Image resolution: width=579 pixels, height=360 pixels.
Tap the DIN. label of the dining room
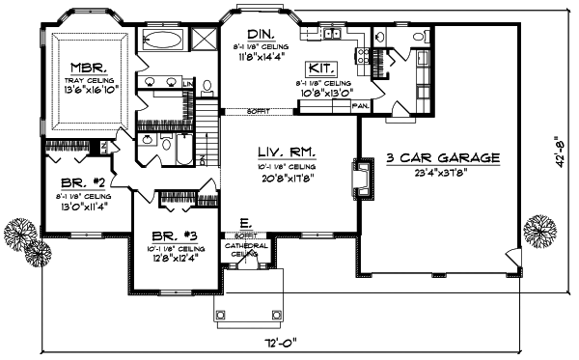pyautogui.click(x=256, y=34)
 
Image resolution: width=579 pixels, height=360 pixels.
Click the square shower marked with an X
pyautogui.click(x=204, y=40)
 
